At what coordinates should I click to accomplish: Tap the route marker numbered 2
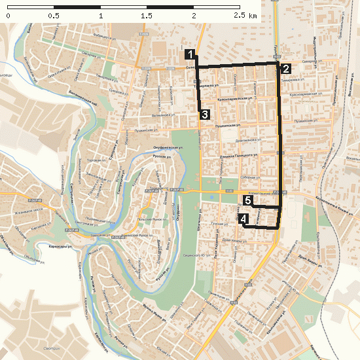285,68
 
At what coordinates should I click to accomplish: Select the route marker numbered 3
204,115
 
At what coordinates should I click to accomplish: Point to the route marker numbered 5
248,200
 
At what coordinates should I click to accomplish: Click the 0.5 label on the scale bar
54,15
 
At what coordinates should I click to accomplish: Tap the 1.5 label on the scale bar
147,15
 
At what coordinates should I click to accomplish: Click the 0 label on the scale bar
8,15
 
